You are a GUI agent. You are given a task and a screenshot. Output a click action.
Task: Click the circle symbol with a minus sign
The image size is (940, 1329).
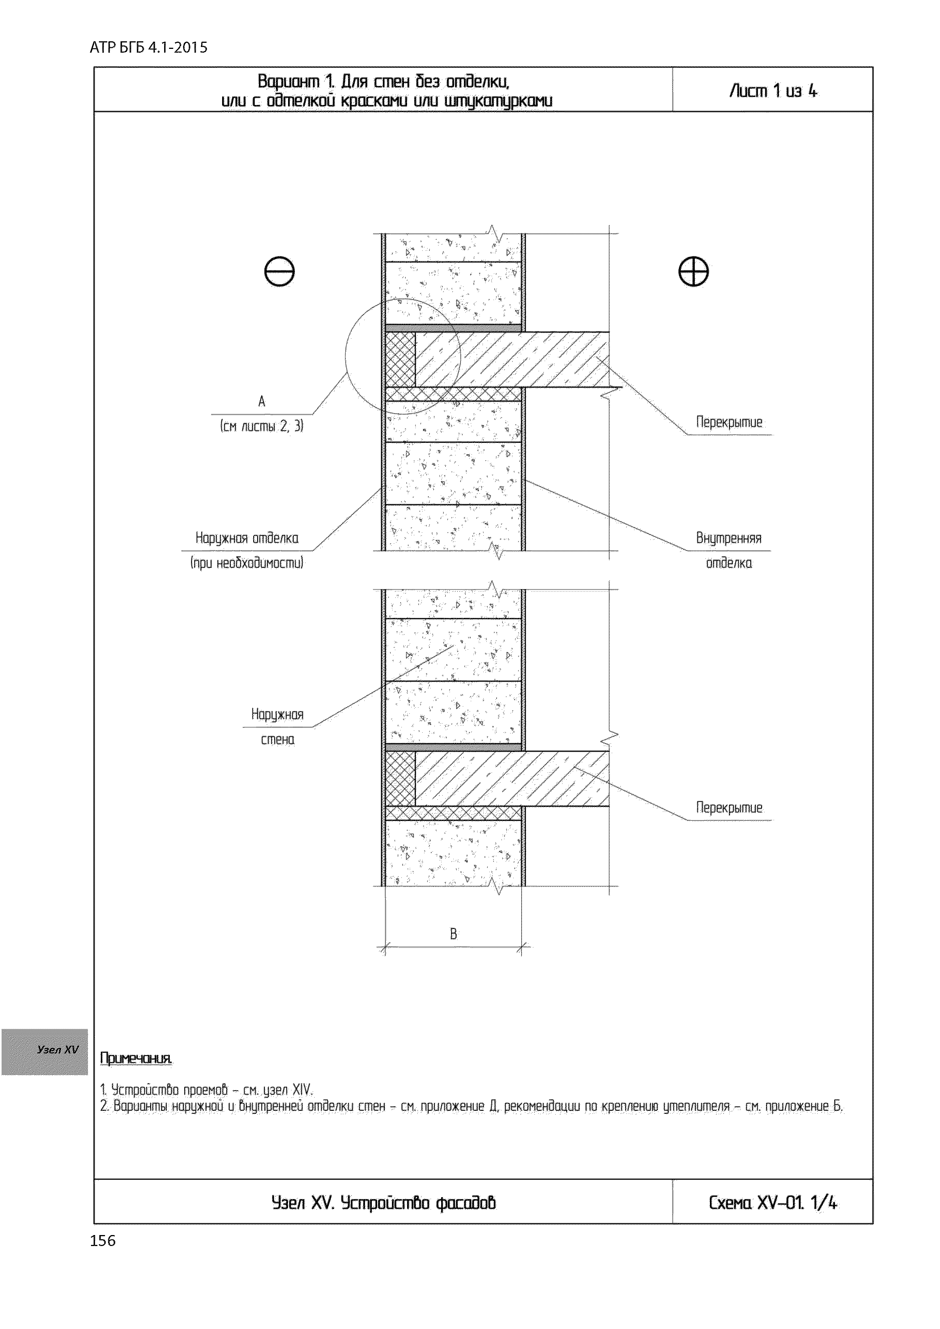[x=279, y=272]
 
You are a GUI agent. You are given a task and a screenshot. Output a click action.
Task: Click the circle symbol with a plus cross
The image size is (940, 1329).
[x=693, y=272]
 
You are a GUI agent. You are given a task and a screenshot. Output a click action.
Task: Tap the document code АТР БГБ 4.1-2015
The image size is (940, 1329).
[x=149, y=47]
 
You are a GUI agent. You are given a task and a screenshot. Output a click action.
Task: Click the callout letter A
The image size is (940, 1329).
[x=261, y=401]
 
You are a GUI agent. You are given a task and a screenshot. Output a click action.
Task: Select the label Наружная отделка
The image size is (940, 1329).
[x=247, y=538]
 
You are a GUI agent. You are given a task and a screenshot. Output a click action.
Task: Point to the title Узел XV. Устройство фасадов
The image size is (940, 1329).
[x=384, y=1203]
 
